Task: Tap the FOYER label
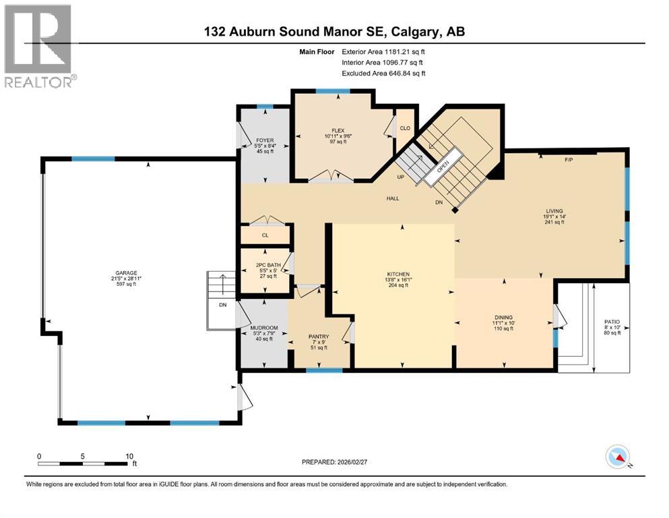coord(264,141)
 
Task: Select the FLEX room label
coord(338,130)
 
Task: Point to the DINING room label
coord(503,317)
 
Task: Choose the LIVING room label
coord(554,211)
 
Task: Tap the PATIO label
coord(612,322)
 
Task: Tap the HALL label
coord(393,198)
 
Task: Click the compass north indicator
coord(618,457)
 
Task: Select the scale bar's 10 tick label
coord(128,455)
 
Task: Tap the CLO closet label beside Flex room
coord(405,127)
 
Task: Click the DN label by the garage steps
coord(222,305)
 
